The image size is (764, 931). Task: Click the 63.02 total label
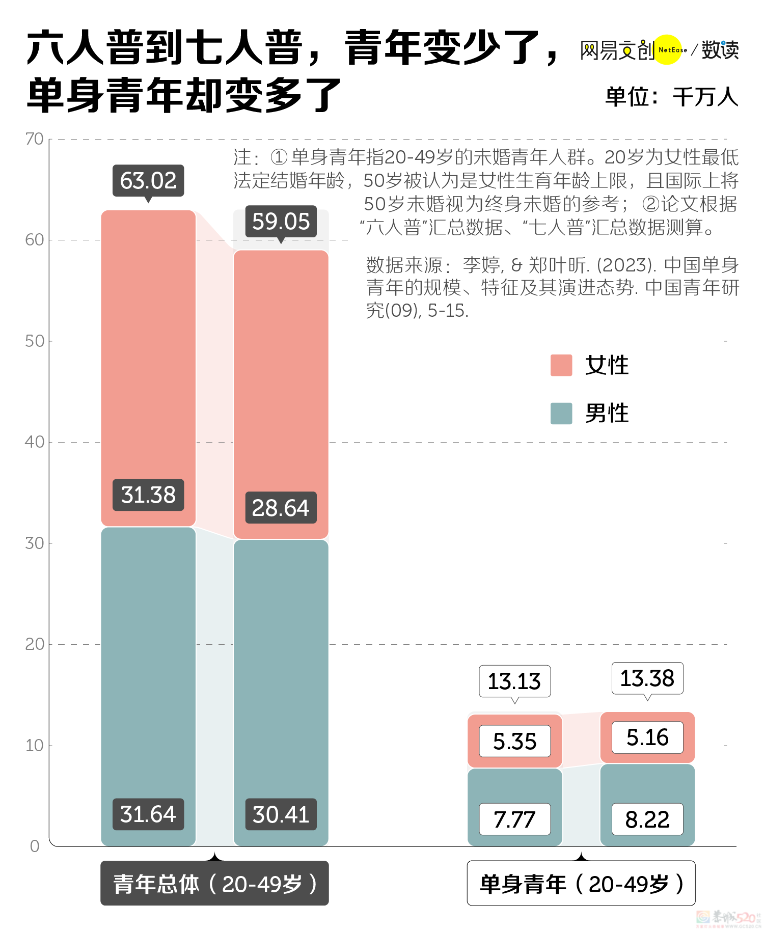click(148, 181)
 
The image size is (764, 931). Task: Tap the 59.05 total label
click(281, 222)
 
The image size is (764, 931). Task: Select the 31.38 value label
click(148, 495)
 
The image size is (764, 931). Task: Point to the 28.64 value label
click(281, 508)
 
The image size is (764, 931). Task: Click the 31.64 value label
click(148, 814)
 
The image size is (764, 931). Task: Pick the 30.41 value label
click(281, 814)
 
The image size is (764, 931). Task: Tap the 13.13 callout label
click(514, 681)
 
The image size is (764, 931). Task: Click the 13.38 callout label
click(647, 678)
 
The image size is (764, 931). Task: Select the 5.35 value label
click(514, 741)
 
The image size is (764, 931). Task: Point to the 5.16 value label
click(647, 737)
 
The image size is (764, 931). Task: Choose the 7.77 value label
click(514, 819)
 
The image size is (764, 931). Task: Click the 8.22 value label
click(647, 819)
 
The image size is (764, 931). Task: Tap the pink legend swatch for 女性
click(561, 365)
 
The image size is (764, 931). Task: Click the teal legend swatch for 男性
click(561, 413)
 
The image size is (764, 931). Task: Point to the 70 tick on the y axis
click(35, 139)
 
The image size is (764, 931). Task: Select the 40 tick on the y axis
click(35, 442)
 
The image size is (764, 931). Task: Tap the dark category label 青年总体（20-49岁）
click(214, 884)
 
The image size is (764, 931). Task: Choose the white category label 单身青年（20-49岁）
click(581, 884)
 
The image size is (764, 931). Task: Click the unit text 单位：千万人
click(671, 97)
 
